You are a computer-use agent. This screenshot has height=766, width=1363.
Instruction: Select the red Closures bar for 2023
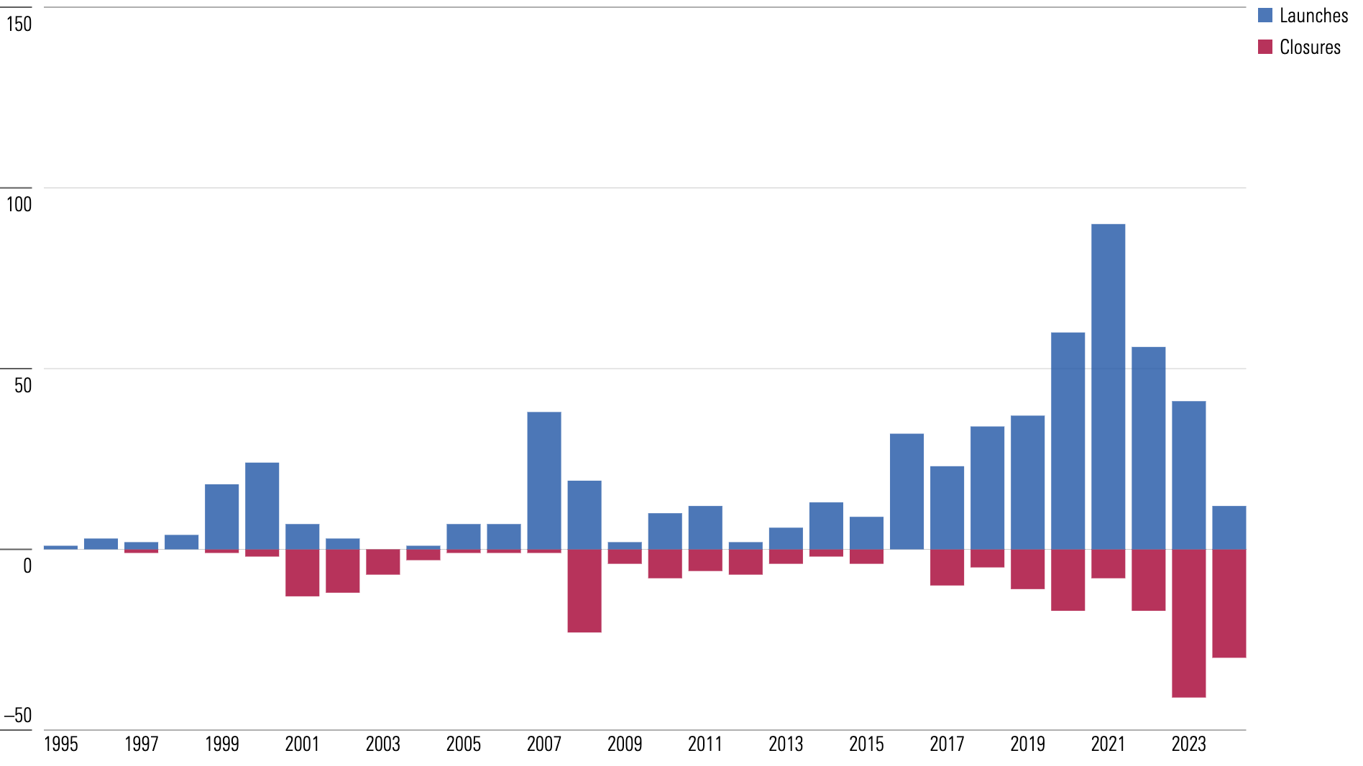click(1188, 623)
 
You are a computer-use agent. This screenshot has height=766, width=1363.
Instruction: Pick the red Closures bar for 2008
click(584, 591)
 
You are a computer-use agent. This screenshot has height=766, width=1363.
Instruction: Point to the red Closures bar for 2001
click(302, 573)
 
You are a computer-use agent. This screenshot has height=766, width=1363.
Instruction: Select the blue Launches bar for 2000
click(262, 506)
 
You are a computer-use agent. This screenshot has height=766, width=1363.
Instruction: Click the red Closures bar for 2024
click(1229, 604)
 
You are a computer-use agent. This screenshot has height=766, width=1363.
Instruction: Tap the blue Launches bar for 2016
click(907, 492)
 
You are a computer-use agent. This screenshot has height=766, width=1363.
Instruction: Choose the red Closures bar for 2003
click(382, 562)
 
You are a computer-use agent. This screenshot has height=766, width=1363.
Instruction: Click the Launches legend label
click(1313, 16)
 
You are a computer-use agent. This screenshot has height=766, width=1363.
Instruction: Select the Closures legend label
click(1310, 47)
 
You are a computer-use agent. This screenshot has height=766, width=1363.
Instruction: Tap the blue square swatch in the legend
click(1265, 15)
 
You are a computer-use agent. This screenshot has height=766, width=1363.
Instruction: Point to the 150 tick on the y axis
click(19, 24)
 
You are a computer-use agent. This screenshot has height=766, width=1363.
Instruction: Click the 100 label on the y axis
click(19, 205)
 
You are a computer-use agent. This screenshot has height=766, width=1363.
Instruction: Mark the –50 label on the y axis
click(18, 716)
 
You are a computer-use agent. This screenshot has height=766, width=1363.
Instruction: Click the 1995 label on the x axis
click(60, 744)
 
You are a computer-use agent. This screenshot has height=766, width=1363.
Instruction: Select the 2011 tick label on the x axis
click(705, 744)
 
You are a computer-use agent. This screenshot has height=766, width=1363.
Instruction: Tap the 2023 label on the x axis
click(1188, 744)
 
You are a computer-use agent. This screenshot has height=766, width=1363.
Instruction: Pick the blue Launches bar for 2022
click(1148, 448)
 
